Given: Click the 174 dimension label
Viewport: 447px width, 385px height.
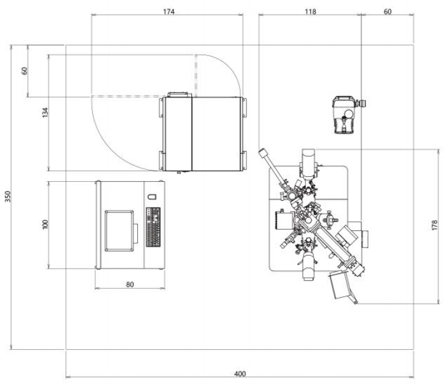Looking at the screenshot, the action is [x=169, y=12].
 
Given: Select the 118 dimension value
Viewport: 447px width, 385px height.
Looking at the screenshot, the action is [x=310, y=12].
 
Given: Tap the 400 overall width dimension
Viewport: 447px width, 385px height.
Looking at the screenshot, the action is [x=240, y=373].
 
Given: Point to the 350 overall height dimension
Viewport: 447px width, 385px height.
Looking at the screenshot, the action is [x=8, y=197].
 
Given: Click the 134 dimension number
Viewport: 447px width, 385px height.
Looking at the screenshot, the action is [x=45, y=113].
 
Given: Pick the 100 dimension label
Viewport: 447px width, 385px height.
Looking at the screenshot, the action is [x=45, y=224].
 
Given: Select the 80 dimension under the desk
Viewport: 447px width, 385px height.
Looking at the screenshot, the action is [x=130, y=285].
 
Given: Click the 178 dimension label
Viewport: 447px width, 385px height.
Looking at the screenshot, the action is [x=434, y=225].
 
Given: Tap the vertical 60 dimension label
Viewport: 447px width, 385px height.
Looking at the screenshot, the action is [x=25, y=71].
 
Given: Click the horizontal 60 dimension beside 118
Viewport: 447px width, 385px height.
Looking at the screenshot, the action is [x=387, y=12].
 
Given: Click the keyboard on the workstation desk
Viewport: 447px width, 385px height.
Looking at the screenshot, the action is [x=153, y=227].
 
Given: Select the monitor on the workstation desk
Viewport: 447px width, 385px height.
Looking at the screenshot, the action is [x=119, y=231].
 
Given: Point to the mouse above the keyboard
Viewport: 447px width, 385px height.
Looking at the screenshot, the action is [x=152, y=197].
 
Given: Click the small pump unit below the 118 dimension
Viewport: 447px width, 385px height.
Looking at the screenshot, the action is [x=346, y=115].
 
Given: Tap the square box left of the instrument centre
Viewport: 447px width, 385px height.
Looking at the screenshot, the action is [x=284, y=220].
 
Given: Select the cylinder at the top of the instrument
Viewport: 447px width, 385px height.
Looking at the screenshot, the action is [x=308, y=163].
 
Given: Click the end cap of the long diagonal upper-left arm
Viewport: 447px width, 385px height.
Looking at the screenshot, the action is [x=263, y=153].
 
